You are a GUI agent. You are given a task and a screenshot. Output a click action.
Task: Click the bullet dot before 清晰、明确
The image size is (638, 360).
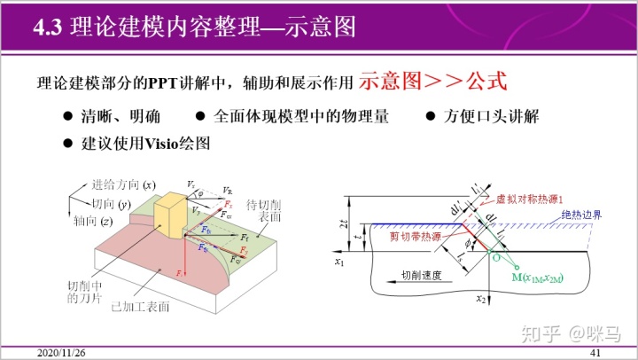pyautogui.click(x=67, y=116)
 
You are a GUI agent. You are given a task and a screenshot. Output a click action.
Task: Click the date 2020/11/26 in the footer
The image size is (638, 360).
pyautogui.click(x=60, y=353)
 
